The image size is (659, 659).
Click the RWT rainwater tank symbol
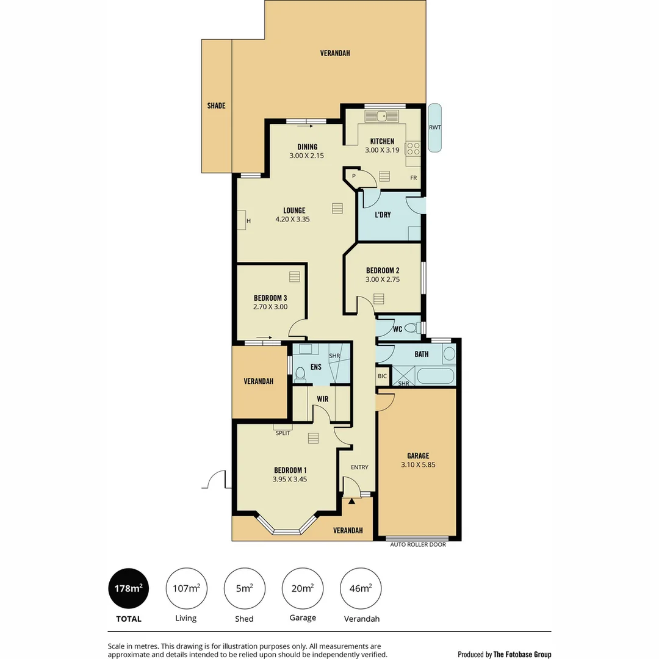(434, 128)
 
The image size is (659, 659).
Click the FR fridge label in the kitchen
(413, 178)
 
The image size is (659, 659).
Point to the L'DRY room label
(383, 215)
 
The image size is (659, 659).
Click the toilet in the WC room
(411, 328)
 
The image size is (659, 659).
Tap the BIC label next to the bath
(382, 376)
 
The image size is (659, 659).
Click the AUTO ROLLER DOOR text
(418, 545)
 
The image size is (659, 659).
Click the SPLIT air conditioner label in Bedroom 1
(283, 433)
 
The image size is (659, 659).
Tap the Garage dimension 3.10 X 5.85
(418, 464)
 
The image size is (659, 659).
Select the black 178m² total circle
(129, 589)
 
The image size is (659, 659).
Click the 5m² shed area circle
(244, 589)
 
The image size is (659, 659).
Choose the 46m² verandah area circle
(360, 589)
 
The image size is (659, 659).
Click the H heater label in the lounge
(248, 220)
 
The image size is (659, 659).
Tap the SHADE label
(216, 106)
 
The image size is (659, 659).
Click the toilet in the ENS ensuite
(300, 373)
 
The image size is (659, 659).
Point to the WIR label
(322, 400)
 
